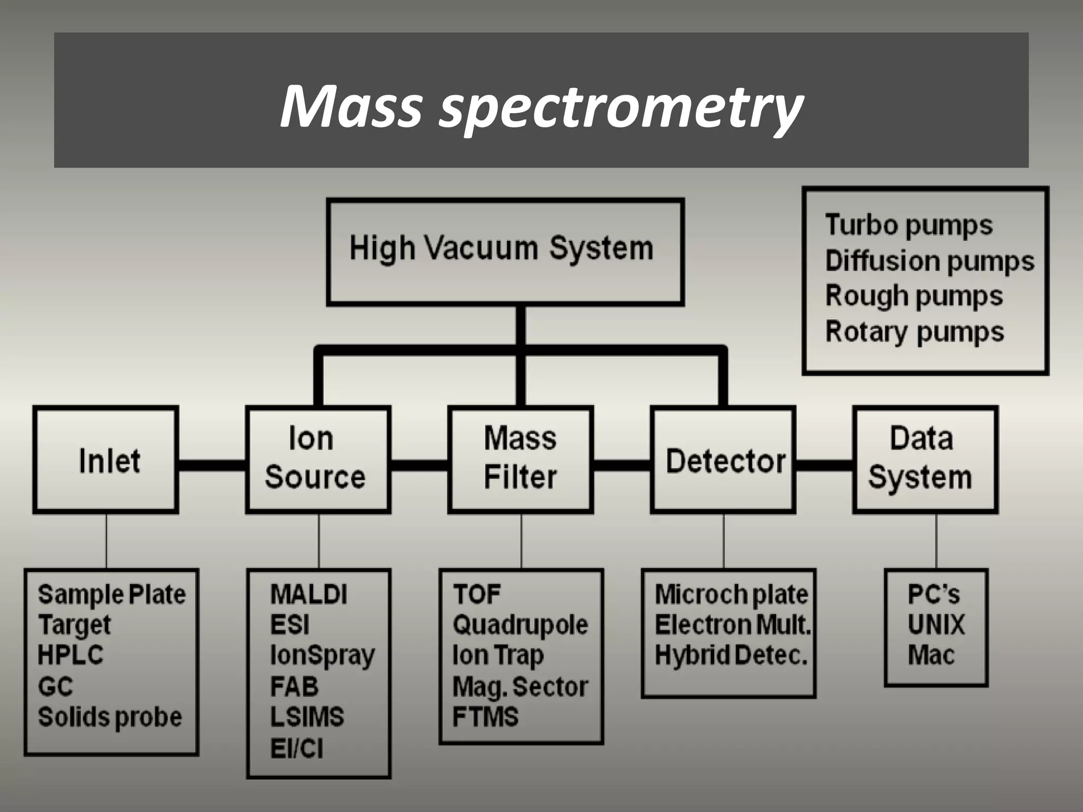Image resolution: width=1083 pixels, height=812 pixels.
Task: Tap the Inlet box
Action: coord(106,459)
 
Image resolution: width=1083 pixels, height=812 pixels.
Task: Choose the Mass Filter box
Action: coord(520,459)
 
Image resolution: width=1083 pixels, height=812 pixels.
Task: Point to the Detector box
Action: coord(723,459)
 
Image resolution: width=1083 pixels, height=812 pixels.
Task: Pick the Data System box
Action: coord(924,459)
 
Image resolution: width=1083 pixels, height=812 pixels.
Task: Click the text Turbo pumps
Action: coord(908,225)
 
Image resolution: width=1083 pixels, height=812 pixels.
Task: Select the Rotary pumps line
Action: coord(914,332)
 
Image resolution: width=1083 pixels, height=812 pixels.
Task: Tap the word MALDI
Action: coord(309,594)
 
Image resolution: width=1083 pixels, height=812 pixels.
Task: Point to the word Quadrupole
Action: coord(520,625)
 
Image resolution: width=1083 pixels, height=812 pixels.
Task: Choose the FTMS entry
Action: coord(485,717)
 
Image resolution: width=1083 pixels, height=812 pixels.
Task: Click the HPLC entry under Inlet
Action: coord(70,656)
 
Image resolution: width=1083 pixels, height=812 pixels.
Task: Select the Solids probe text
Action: coord(110,717)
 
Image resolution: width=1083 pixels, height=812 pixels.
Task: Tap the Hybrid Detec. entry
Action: coord(731,656)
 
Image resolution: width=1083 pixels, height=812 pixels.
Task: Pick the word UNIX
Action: coord(936,625)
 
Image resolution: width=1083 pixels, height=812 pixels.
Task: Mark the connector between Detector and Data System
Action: coord(824,465)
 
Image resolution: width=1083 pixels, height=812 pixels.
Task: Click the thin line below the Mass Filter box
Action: coord(521,540)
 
